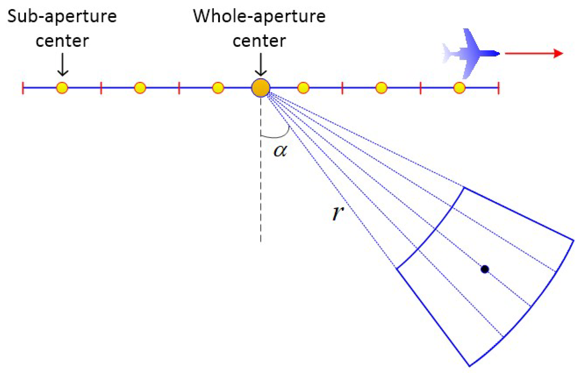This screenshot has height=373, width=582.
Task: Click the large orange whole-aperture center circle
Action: tap(261, 88)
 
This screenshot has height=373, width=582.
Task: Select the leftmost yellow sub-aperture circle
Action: tap(62, 88)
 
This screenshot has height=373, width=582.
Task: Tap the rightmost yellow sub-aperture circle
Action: tap(459, 88)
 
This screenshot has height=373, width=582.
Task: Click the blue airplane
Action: tap(471, 54)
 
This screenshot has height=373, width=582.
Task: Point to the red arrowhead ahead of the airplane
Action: tap(558, 53)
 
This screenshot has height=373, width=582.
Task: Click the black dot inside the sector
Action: tap(485, 269)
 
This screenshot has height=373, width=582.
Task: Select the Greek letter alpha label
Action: tap(280, 150)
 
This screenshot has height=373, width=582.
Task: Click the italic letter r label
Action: tap(338, 212)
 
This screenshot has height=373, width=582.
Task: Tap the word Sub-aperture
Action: tap(62, 16)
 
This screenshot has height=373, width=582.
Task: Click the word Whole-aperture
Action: tap(259, 16)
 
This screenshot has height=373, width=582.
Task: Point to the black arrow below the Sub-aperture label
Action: tap(63, 65)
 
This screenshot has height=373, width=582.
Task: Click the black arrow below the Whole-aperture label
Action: tap(261, 65)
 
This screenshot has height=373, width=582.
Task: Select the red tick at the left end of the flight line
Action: tap(23, 88)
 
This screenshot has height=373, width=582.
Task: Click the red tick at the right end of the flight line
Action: tap(499, 88)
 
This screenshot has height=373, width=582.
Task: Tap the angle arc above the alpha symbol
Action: tap(277, 135)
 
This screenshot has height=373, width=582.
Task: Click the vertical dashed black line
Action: tap(261, 185)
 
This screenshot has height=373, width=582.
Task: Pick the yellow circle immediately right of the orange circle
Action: tap(303, 88)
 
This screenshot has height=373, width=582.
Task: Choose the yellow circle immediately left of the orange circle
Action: tap(218, 88)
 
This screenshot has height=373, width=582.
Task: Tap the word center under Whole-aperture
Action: tap(259, 41)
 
